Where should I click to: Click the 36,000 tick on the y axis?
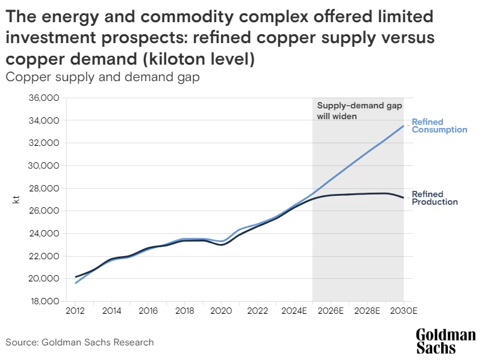click(45, 98)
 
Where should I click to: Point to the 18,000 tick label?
click(45, 301)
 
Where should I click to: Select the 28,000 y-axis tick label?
click(45, 188)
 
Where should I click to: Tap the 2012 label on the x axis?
click(75, 312)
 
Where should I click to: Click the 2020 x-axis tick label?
click(221, 312)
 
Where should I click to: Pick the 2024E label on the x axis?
click(294, 312)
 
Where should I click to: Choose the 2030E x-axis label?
click(404, 312)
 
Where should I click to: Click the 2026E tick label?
click(331, 312)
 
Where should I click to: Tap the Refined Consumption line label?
click(439, 125)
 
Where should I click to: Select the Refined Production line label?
click(435, 198)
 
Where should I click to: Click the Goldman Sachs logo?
click(445, 341)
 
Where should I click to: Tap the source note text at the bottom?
click(80, 342)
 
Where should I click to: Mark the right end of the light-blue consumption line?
click(404, 125)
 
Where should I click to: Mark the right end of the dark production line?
click(404, 198)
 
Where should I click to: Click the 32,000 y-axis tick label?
click(45, 143)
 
